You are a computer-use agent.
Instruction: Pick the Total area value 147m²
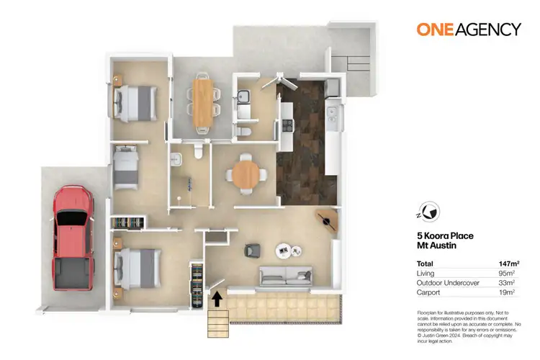click(x=510, y=264)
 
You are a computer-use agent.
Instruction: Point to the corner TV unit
click(x=328, y=220)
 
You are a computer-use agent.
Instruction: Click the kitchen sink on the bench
click(x=332, y=113)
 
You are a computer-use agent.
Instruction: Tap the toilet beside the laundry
click(x=244, y=130)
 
